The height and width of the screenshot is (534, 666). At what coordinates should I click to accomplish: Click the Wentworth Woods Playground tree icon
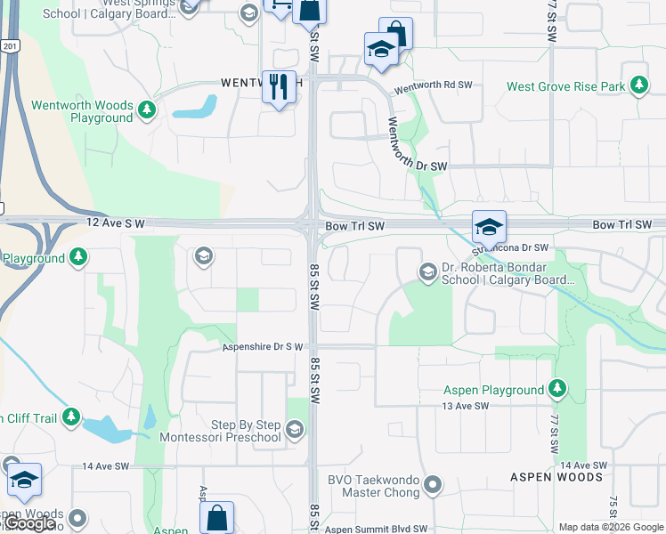click(x=146, y=111)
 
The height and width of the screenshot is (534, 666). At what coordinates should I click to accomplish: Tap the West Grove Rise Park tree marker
click(x=638, y=86)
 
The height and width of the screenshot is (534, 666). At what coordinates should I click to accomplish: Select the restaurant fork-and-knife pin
click(x=279, y=87)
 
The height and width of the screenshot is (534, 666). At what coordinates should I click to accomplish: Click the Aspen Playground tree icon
click(x=557, y=390)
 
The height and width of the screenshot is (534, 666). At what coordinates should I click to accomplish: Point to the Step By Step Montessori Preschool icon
click(x=296, y=431)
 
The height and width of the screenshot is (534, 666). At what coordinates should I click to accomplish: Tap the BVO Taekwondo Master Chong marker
click(x=433, y=485)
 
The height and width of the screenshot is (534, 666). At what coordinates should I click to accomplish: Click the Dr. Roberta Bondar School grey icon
click(x=427, y=271)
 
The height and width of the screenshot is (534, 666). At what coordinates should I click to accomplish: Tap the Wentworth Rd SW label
click(x=433, y=86)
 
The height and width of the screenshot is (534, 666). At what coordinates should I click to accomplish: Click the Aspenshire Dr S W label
click(x=263, y=346)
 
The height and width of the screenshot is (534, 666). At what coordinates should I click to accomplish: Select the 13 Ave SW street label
click(x=466, y=406)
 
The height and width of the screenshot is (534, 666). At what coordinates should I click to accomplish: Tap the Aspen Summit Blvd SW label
click(x=376, y=529)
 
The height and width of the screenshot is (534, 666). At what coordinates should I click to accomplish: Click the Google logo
click(x=31, y=523)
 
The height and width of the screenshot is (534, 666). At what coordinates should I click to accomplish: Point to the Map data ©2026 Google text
click(x=611, y=527)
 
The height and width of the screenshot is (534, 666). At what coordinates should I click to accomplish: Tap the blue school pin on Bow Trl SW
click(x=489, y=228)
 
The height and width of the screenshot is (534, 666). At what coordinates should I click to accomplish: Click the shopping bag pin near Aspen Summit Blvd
click(x=216, y=517)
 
